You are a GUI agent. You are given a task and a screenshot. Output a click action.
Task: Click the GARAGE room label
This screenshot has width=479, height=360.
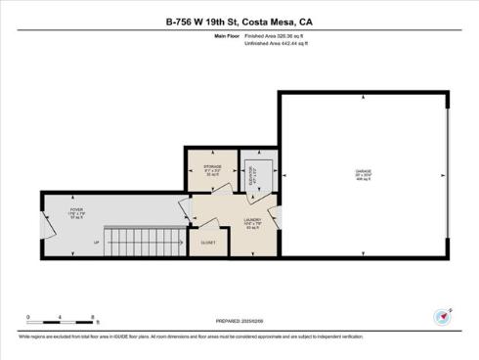pos(364,175)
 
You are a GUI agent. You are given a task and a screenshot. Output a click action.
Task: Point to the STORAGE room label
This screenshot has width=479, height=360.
pos(212,168)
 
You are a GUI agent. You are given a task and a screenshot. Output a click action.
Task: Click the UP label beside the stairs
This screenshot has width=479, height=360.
pos(96,242)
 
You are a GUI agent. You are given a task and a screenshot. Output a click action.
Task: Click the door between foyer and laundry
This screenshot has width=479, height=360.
pos(183,208)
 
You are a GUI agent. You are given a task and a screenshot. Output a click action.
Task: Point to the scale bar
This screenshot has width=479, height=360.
pos(61,320)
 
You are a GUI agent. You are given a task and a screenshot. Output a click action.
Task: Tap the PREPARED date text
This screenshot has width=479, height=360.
pos(240,320)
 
